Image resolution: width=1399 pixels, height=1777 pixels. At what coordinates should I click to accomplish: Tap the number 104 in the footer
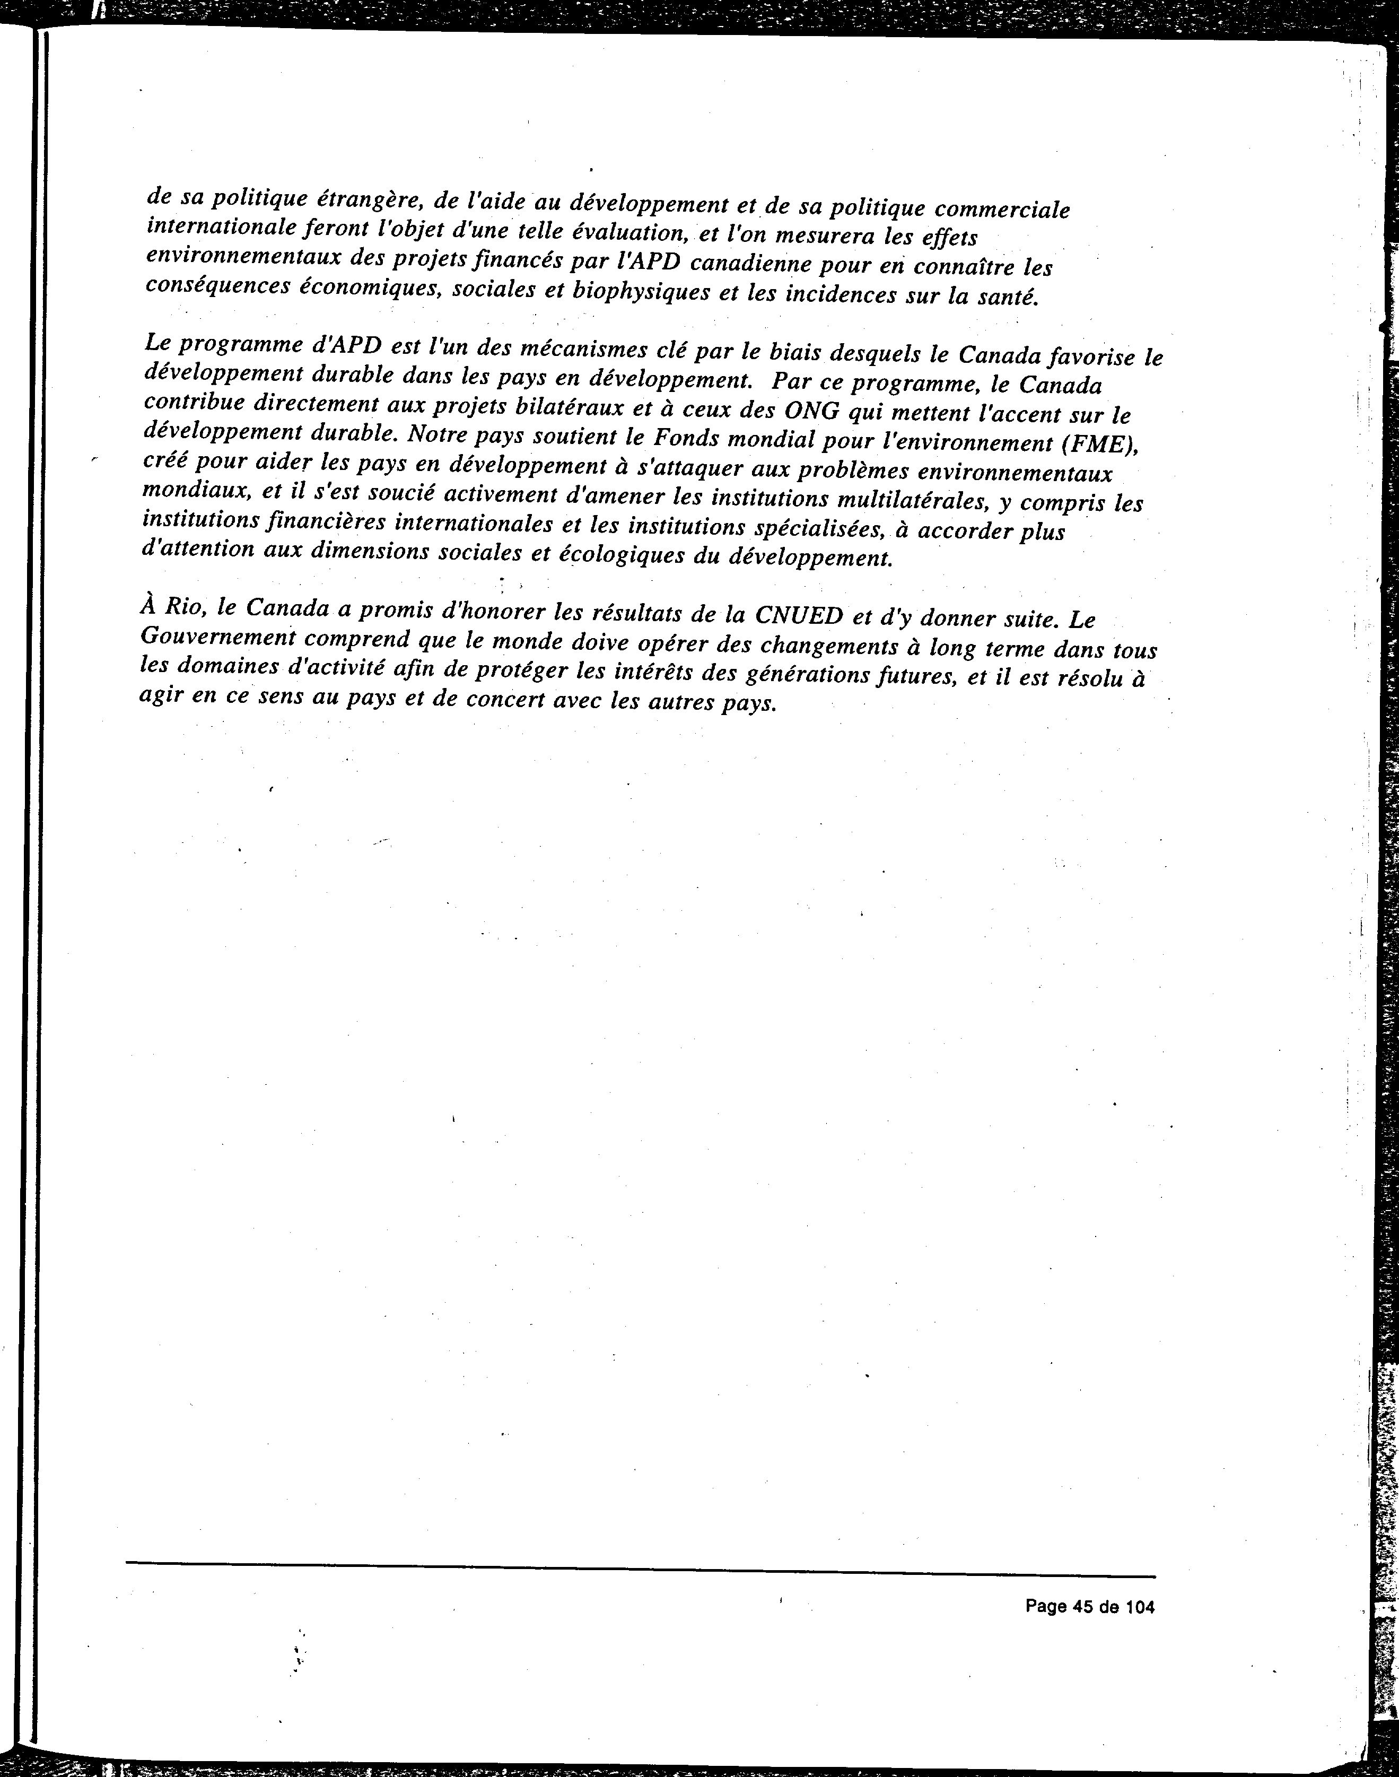pos(1139,1607)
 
